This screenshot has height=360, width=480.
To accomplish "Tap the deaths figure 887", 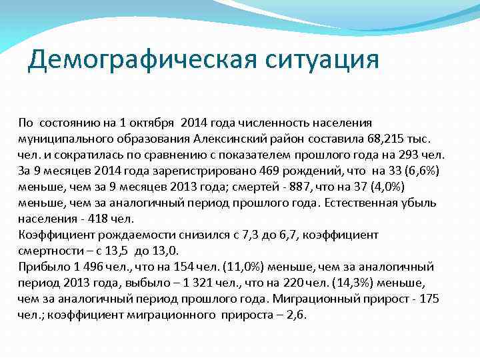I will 319,187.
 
